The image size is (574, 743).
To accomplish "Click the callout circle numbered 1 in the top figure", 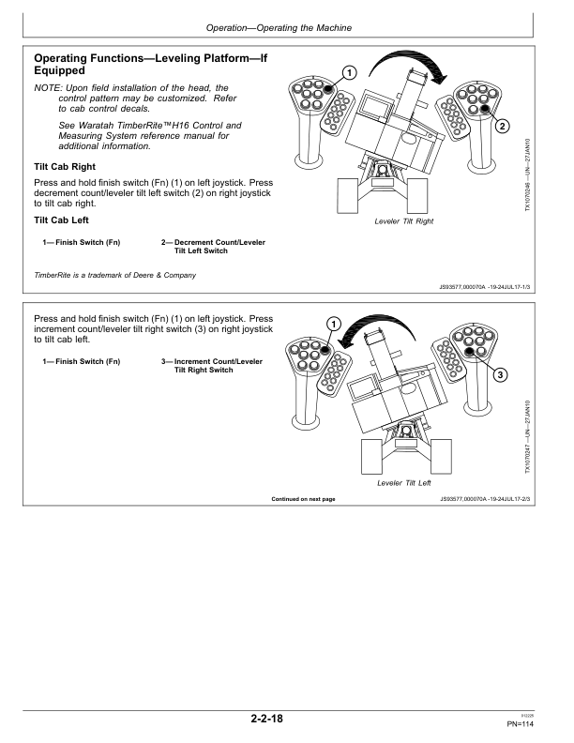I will [349, 72].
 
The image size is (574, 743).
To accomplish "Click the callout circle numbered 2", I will [502, 126].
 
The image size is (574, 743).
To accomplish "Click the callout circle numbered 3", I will [501, 375].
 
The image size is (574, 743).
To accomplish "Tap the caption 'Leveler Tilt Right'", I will [404, 221].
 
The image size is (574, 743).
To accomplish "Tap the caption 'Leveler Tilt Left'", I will [403, 483].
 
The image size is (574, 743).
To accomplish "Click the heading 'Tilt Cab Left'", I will [65, 220].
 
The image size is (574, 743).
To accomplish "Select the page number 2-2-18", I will [266, 720].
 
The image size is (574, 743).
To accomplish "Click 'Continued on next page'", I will [303, 499].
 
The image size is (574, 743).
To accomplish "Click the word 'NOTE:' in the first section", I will [46, 87].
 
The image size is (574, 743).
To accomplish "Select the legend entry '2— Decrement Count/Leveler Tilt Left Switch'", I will [215, 247].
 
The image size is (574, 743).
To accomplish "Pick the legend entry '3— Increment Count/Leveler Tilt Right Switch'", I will [215, 366].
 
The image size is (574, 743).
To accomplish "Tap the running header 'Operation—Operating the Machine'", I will [287, 29].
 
